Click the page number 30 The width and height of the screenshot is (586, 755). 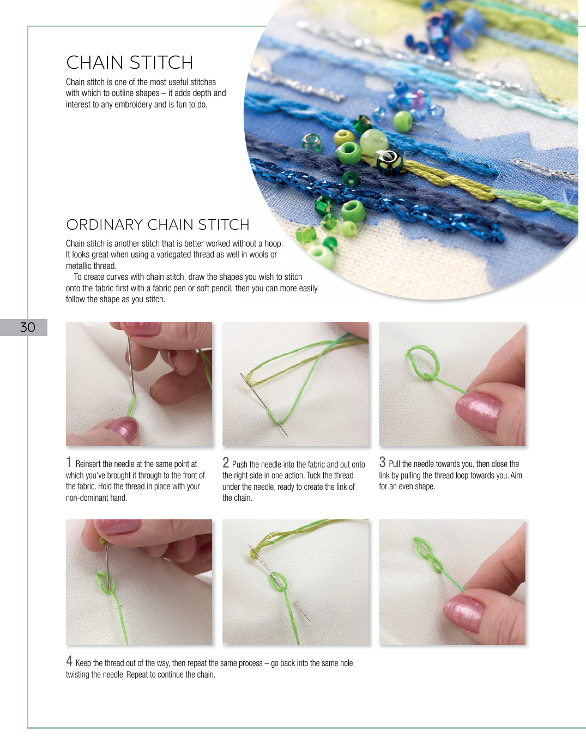pyautogui.click(x=27, y=327)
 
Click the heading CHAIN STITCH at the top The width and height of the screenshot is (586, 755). pyautogui.click(x=130, y=63)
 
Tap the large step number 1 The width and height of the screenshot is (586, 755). pyautogui.click(x=69, y=462)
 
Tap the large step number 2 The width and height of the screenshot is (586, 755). pyautogui.click(x=226, y=463)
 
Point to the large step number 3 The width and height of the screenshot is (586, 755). pyautogui.click(x=382, y=462)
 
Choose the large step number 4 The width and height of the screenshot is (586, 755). pyautogui.click(x=69, y=661)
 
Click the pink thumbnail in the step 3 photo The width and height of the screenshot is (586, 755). pyautogui.click(x=479, y=410)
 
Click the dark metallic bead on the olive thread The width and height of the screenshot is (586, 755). pyautogui.click(x=390, y=162)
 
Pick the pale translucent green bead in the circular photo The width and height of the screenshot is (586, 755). pyautogui.click(x=373, y=141)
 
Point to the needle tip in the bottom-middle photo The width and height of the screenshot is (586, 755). pyautogui.click(x=309, y=620)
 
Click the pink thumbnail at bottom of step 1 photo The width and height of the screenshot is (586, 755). pyautogui.click(x=124, y=429)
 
